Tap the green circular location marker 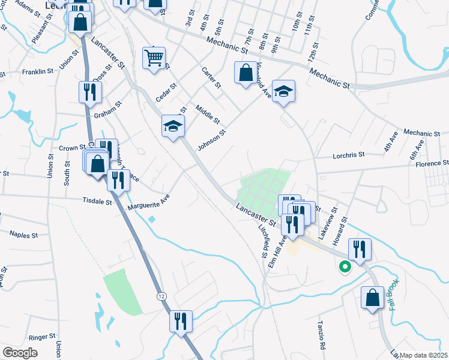coord(345,267)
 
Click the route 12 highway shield coord(162,296)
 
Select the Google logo coord(20,353)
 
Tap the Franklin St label coord(37,72)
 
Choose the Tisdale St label coord(97,202)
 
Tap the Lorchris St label coord(349,155)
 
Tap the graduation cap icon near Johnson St coord(173,126)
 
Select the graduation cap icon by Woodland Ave coord(283,91)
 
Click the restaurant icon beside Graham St coord(90,92)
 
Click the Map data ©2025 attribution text coord(423,355)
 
